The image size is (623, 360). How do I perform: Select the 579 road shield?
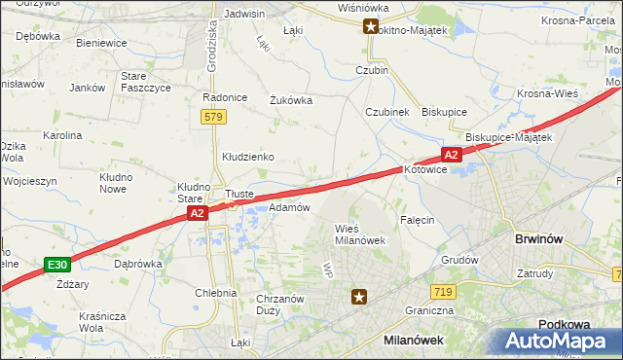pos(214,117)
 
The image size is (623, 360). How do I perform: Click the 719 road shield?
pos(443,292)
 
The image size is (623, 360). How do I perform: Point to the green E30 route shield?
pos(57,264)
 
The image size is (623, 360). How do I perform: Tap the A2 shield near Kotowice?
pos(451,155)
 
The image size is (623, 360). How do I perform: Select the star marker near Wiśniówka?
pos(371,27)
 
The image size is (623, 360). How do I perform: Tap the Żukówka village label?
pos(289,98)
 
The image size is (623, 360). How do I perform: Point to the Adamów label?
pos(289,207)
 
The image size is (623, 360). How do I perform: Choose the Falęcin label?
pos(415,220)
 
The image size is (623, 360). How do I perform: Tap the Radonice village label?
pos(222,97)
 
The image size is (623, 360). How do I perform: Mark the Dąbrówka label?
pos(137,263)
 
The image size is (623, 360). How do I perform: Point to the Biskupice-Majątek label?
pos(508,137)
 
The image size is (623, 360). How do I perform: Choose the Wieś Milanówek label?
pos(360,234)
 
